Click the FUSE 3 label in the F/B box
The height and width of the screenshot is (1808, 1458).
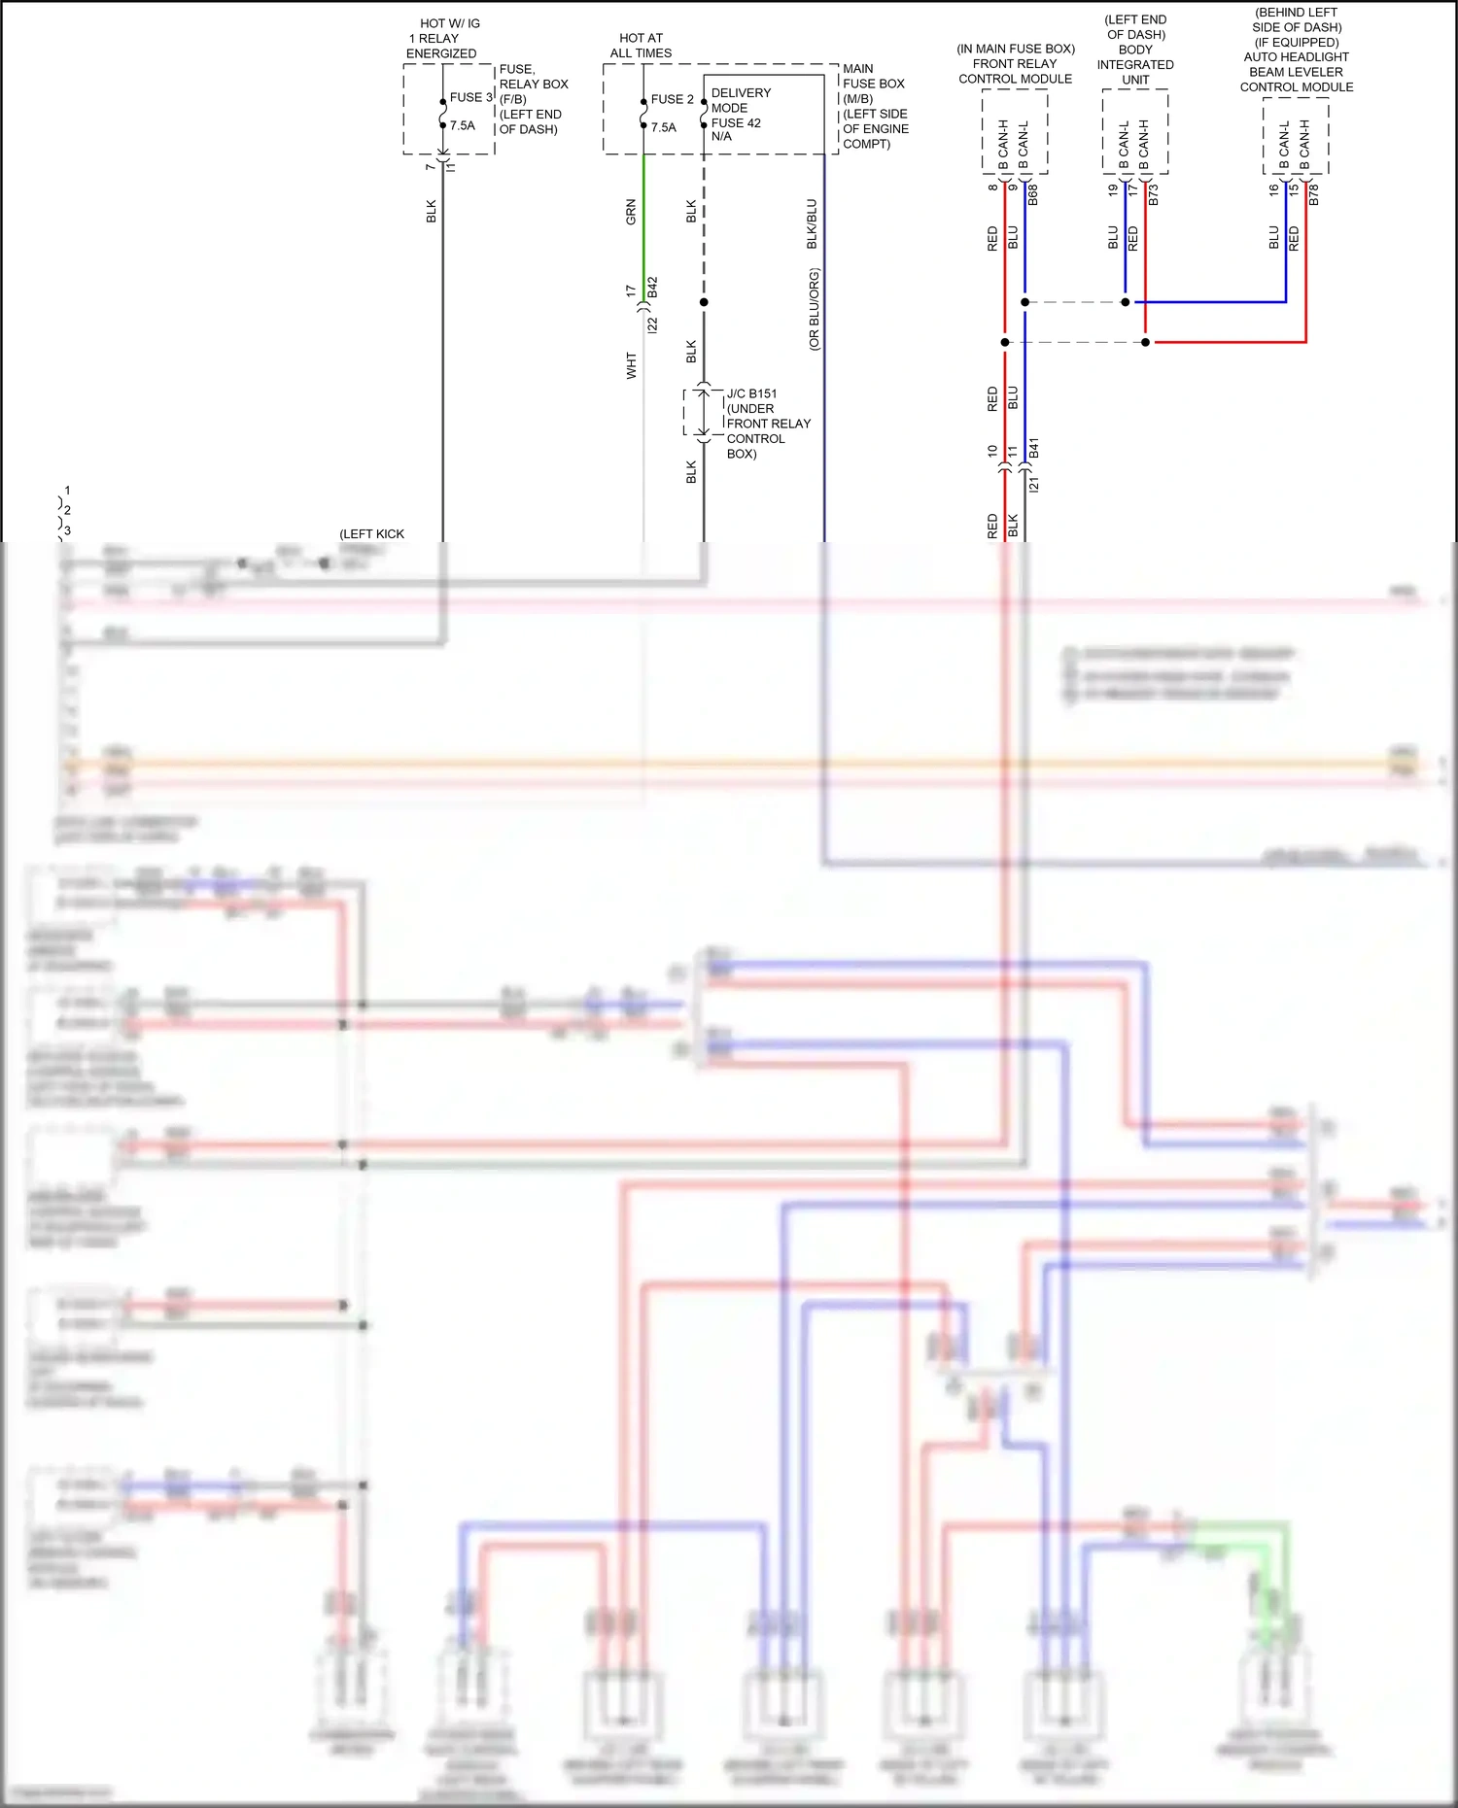[x=470, y=97]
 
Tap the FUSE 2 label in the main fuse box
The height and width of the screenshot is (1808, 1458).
[x=672, y=99]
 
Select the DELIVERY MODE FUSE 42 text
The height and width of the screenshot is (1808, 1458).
[x=741, y=114]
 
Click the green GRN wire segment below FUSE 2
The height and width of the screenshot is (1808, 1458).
[x=643, y=233]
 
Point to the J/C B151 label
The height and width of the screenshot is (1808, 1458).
[x=751, y=393]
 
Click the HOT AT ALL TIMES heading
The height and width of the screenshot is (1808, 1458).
[x=641, y=46]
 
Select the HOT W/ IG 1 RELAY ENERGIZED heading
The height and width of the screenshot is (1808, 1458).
[x=443, y=38]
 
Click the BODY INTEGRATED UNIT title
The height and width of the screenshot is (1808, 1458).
[x=1135, y=64]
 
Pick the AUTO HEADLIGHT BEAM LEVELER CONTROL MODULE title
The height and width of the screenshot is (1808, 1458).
[x=1296, y=72]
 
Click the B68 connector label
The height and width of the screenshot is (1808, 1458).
[x=1033, y=194]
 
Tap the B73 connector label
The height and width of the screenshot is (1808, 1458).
[x=1154, y=194]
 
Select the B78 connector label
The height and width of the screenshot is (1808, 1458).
[x=1314, y=194]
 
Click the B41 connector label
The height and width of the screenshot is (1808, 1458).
[x=1034, y=448]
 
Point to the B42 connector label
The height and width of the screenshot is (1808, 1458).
[x=652, y=288]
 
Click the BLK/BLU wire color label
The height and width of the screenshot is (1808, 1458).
[x=813, y=223]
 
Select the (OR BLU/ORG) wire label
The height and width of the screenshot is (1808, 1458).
[x=814, y=309]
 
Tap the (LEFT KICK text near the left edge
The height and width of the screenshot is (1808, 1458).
[x=371, y=533]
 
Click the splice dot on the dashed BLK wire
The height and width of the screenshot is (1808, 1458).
[x=704, y=302]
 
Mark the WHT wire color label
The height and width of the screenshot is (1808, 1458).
[x=631, y=365]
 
